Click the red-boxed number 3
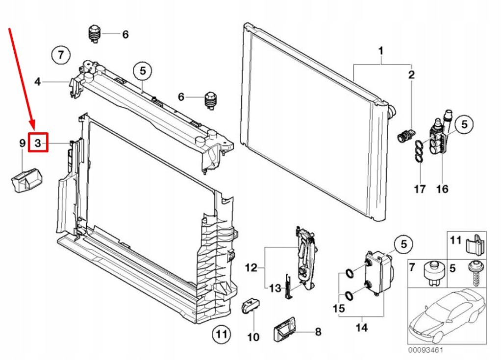pos(38,143)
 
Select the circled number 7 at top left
pos(61,54)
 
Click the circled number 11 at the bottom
pos(221,335)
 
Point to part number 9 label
pos(22,143)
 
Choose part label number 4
pos(38,82)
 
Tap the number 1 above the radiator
pos(380,50)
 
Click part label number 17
pos(420,189)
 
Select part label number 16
pos(442,189)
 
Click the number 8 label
pos(318,332)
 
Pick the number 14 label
pos(361,327)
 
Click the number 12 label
pos(251,267)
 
